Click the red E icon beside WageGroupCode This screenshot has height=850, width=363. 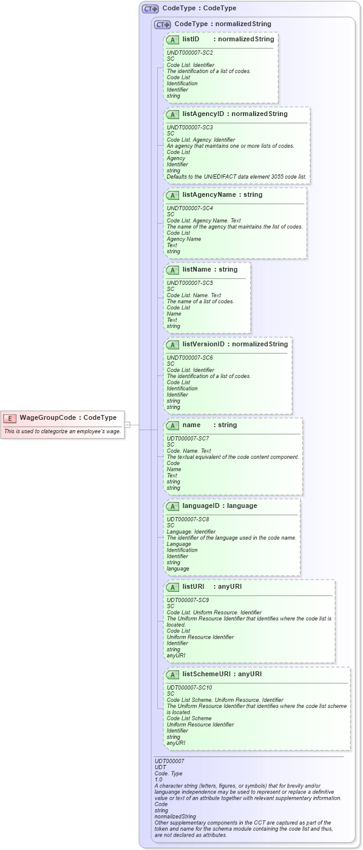point(10,418)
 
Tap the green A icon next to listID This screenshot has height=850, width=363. point(172,39)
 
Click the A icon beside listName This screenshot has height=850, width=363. point(172,270)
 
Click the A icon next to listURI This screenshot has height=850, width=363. point(172,587)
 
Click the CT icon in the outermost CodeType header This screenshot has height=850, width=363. point(150,9)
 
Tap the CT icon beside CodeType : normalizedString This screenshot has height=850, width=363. point(162,25)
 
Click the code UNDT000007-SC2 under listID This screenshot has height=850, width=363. point(190,53)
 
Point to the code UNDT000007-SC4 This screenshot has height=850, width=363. point(190,208)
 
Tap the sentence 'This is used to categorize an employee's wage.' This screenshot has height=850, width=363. point(63,431)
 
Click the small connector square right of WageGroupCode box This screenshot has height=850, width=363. point(127,425)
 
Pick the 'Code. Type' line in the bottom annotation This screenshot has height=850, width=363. point(168,773)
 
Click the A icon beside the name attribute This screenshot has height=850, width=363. point(172,425)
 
